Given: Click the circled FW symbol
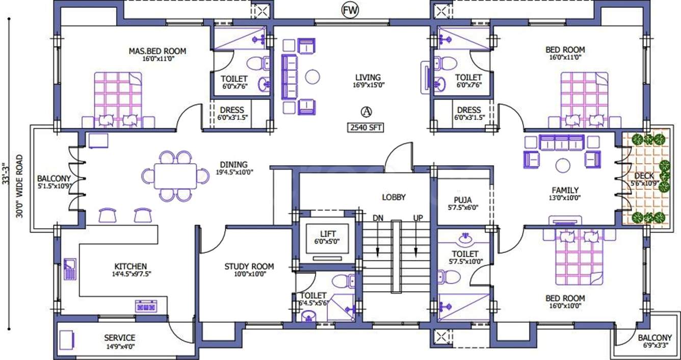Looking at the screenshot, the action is pos(350,11).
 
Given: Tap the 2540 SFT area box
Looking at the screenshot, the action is pos(366,127).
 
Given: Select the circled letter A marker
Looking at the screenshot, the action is pos(366,112).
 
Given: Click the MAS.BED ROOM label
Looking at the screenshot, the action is pos(158,51).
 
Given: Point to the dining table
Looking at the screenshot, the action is pos(175,176).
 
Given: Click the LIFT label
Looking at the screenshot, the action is pos(328,234).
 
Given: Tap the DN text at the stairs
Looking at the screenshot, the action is pos(378,218).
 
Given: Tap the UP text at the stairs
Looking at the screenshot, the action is pos(417,218).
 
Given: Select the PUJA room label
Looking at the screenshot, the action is pos(463,200).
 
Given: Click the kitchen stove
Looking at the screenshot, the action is pos(146,306).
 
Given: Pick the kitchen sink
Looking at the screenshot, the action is pos(70,269).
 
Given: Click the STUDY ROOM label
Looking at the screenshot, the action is pos(249,266).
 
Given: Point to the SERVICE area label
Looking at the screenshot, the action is pos(120,338).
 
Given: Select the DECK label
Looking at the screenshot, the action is pos(644,176).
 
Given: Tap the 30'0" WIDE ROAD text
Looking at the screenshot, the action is pos(19,186).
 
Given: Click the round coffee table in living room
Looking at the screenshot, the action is pos(312,76).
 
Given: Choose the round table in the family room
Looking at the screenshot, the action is pos(563,166).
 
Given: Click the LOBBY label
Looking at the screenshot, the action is pos(394,197).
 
